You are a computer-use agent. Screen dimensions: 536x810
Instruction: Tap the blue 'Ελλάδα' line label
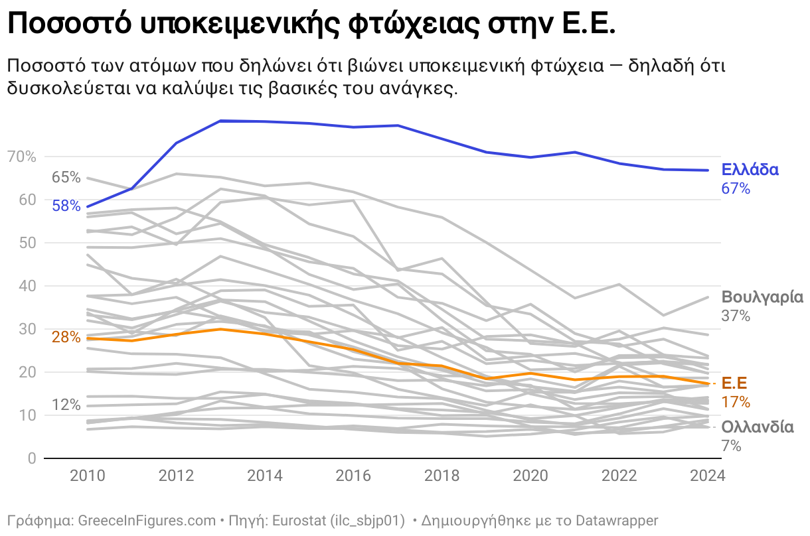[x=750, y=170]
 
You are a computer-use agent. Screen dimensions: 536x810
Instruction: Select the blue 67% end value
[x=736, y=189]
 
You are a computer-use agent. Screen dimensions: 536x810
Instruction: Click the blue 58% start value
[x=66, y=206]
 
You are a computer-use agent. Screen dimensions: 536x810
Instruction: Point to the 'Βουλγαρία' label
[x=762, y=297]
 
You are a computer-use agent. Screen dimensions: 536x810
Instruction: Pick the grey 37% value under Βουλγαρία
[x=736, y=316]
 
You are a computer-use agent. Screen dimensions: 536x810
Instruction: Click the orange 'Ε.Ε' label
[x=735, y=383]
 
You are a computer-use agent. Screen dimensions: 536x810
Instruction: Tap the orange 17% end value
[x=736, y=402]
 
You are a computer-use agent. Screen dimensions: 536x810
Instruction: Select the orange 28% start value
[x=66, y=337]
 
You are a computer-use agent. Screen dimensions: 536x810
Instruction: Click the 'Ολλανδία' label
[x=758, y=427]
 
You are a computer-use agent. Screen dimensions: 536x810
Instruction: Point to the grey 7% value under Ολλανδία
[x=731, y=446]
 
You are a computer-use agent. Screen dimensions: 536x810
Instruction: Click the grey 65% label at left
[x=66, y=177]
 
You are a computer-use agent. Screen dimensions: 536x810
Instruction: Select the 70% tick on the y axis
[x=22, y=157]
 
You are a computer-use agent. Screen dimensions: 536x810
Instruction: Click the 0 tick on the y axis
[x=31, y=459]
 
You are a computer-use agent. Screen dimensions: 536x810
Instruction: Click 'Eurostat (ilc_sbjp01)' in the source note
[x=338, y=520]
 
